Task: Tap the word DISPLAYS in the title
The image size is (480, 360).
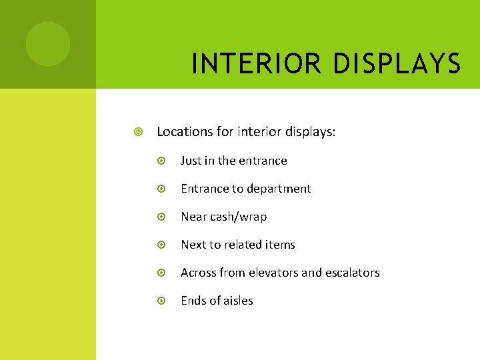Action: pos(398,64)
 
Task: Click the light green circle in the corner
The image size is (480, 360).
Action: pos(48,44)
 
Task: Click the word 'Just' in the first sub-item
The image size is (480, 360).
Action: pos(191,161)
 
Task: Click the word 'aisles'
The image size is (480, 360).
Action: pos(237,301)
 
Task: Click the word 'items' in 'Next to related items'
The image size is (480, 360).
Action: pos(280,245)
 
